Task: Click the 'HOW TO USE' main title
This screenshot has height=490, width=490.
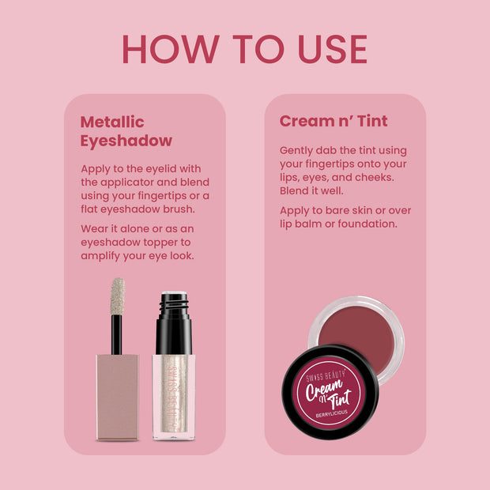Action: (x=244, y=49)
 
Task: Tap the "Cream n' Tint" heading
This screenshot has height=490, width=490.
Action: (x=334, y=122)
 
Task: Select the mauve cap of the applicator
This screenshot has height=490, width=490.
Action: (x=118, y=396)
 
